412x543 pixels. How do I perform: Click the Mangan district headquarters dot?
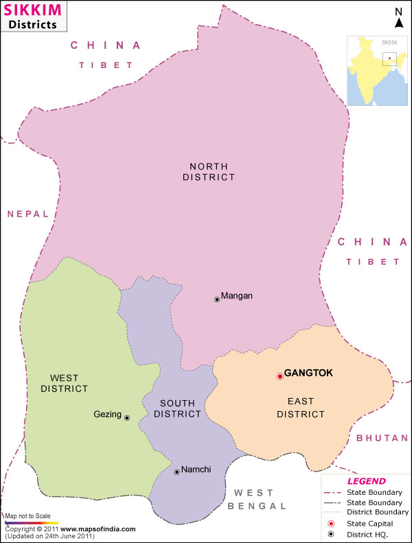217,299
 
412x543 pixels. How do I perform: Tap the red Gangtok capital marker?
279,376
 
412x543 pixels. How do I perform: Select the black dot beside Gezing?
126,417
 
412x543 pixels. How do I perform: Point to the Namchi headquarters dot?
176,472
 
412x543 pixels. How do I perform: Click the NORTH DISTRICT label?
209,171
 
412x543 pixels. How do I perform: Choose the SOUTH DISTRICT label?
178,408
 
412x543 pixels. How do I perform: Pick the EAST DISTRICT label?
300,407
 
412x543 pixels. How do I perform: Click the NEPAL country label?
28,214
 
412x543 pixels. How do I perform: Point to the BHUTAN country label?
382,438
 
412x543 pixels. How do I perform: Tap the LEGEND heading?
367,481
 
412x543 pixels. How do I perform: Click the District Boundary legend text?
378,512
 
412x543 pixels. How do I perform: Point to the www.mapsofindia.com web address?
102,529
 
